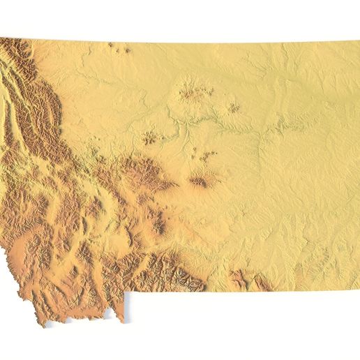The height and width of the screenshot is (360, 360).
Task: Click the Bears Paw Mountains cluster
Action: tap(190, 91)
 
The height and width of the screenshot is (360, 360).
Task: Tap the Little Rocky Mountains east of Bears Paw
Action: tap(232, 108)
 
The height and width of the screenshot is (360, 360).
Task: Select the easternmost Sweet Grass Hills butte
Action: tap(126, 50)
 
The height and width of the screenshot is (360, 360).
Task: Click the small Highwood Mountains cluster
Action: tap(151, 137)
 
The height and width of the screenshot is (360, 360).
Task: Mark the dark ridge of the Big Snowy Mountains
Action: tap(199, 183)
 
